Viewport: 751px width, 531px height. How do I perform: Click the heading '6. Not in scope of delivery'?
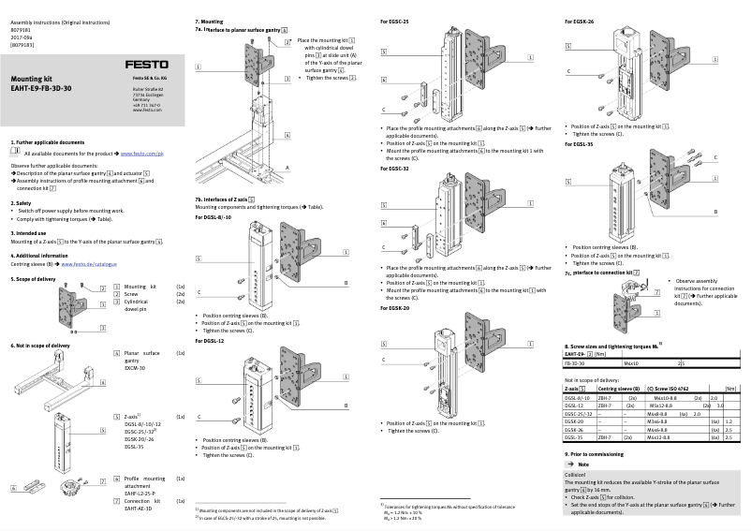pyautogui.click(x=40, y=346)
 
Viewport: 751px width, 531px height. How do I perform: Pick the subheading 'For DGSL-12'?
pyautogui.click(x=210, y=341)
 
